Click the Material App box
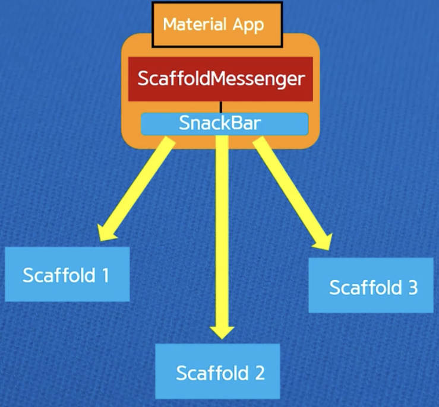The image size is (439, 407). pos(213,24)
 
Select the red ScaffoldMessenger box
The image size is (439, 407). pos(221,79)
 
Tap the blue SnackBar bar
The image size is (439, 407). pos(225,123)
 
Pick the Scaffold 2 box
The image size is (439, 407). pos(219,373)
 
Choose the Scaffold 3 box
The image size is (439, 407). pos(371,288)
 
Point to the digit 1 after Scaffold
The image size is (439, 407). pos(105,275)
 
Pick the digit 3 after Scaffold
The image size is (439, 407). pos(412,288)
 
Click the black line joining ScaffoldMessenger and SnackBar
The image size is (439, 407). pos(221,107)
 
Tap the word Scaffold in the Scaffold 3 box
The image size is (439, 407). pos(362,288)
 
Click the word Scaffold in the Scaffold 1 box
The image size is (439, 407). pos(58,275)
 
